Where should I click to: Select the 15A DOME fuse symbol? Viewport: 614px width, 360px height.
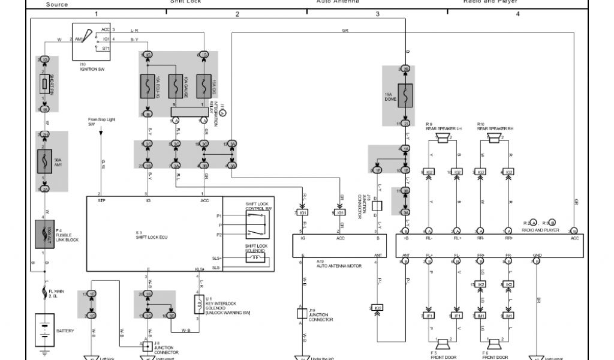[405, 95]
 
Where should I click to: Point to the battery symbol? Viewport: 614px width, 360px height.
[44, 330]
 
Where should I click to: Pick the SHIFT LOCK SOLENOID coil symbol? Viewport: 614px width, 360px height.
[257, 257]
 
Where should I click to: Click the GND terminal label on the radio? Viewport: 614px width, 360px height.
[537, 256]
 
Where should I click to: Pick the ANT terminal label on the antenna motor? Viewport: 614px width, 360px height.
[378, 256]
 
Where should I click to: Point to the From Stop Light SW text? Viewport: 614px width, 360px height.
[101, 122]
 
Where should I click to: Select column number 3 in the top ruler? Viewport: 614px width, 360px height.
[377, 13]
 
